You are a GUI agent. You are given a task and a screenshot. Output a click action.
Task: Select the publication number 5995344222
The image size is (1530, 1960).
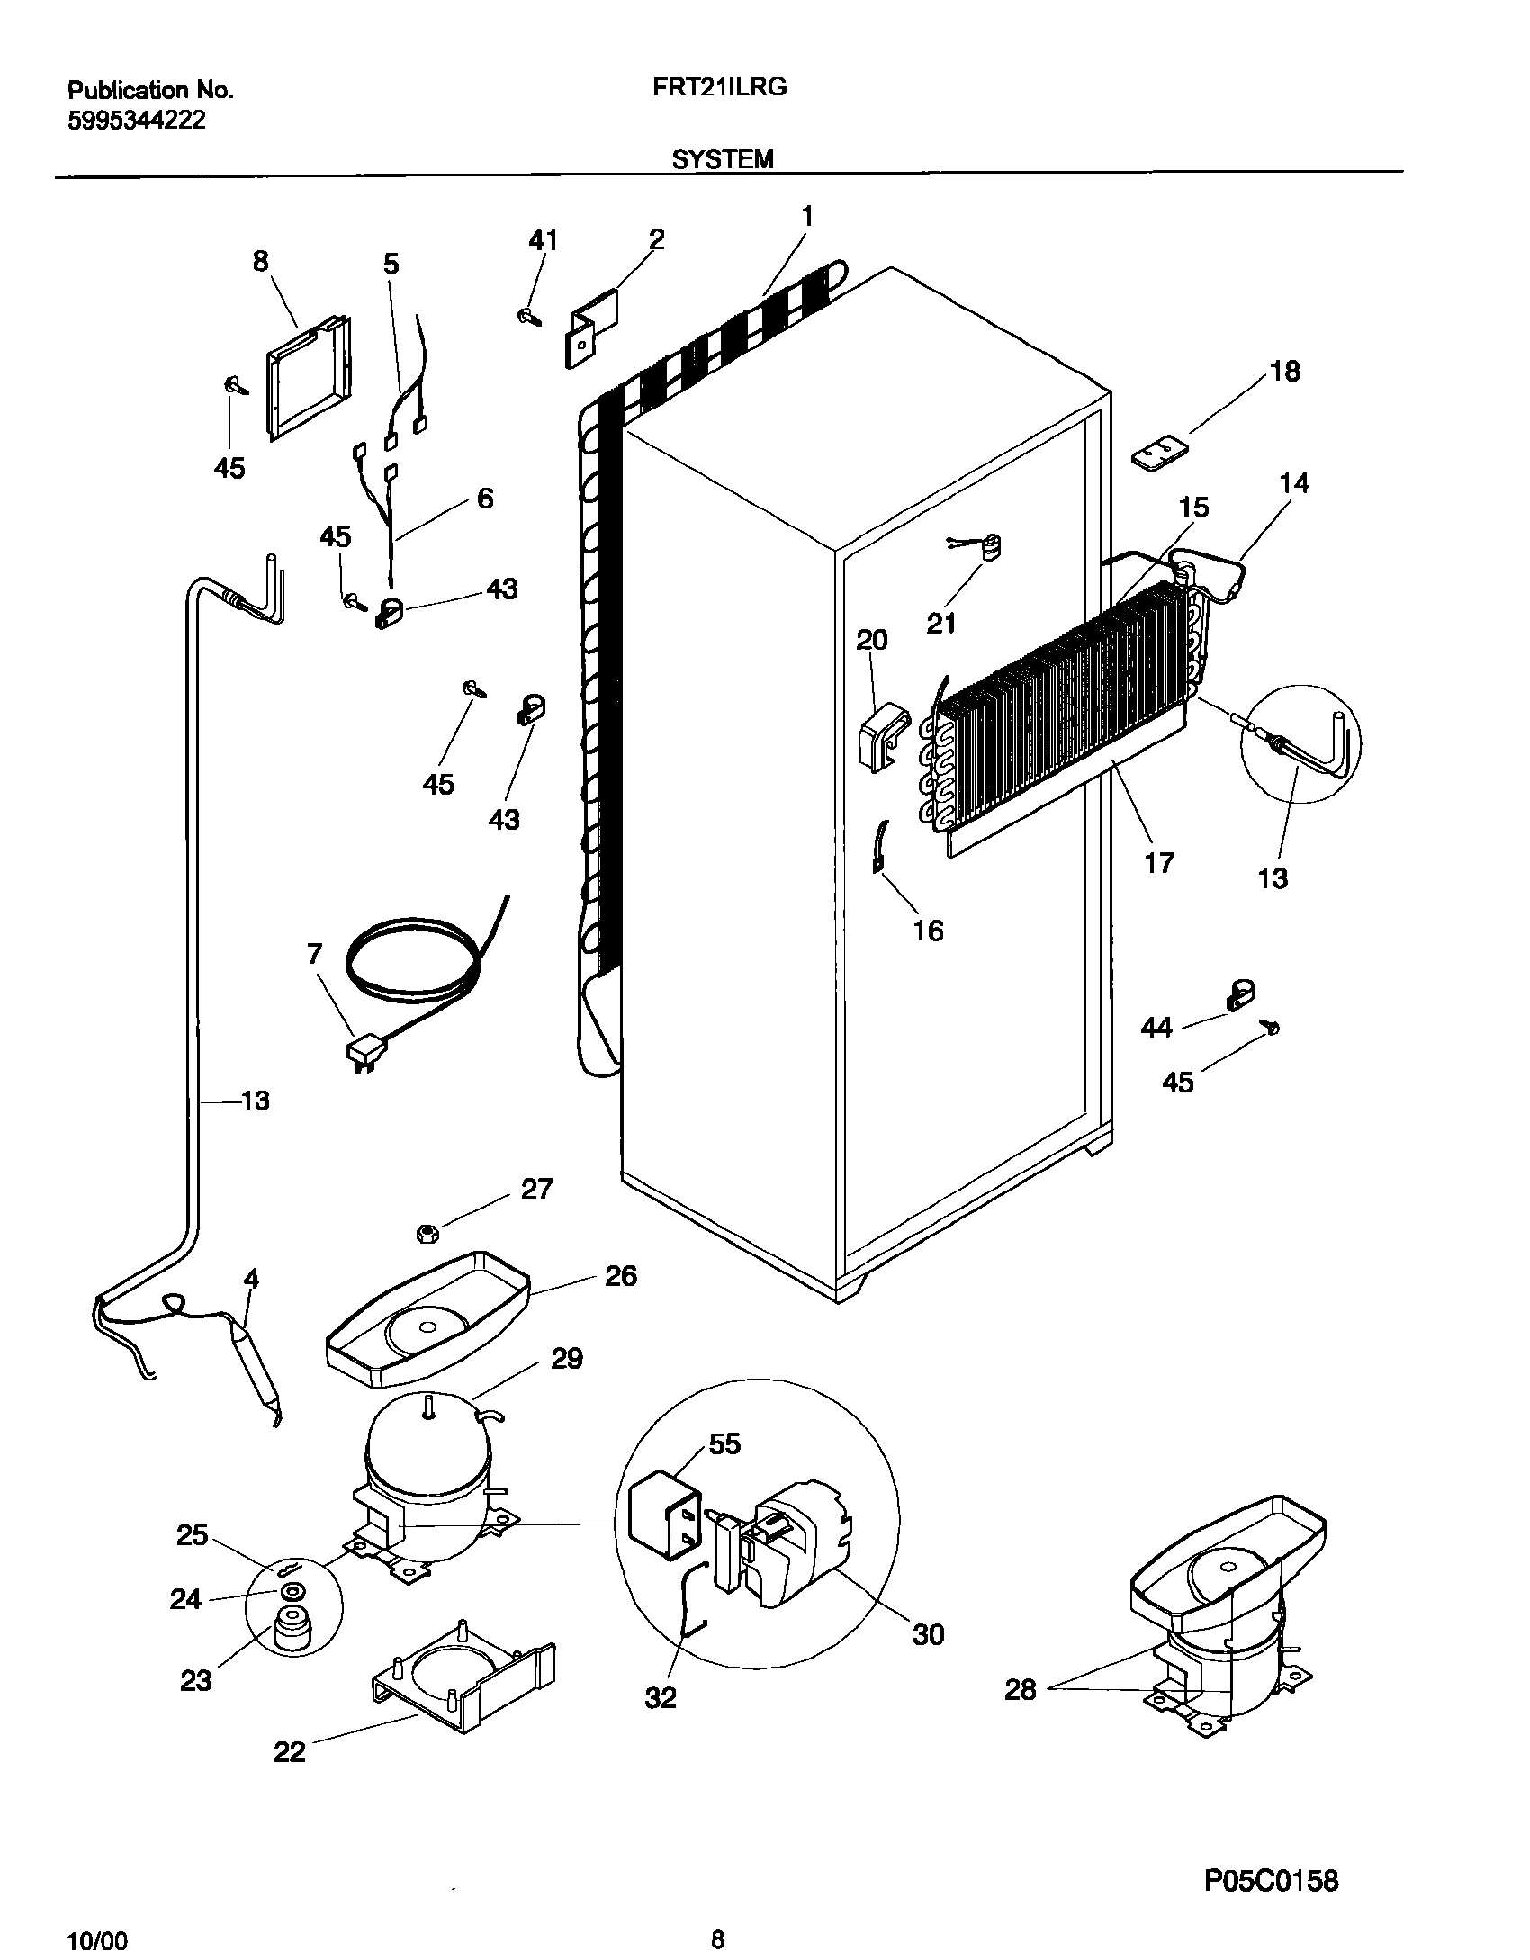click(x=137, y=120)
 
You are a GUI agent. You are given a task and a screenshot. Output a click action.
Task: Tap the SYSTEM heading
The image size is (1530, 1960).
click(x=723, y=159)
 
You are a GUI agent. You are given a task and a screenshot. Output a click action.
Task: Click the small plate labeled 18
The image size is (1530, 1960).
click(x=1160, y=452)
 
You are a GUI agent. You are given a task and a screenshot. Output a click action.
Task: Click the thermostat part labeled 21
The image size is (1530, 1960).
click(x=990, y=547)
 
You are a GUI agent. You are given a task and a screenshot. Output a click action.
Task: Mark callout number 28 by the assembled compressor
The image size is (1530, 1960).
click(x=1021, y=1690)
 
